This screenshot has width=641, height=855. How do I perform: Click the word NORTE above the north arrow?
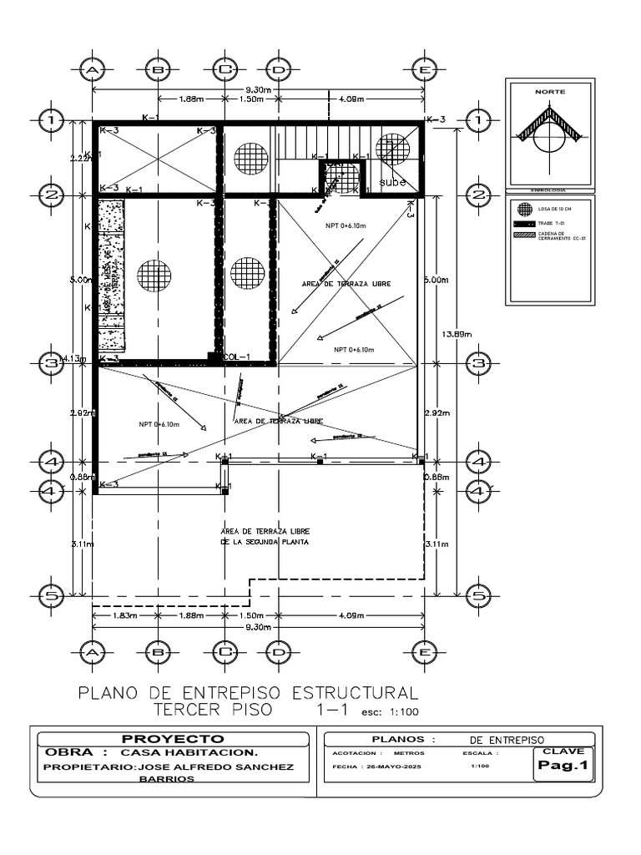click(549, 89)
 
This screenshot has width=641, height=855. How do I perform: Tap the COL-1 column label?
click(237, 357)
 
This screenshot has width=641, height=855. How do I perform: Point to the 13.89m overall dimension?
click(456, 334)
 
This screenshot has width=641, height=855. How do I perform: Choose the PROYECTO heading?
click(173, 739)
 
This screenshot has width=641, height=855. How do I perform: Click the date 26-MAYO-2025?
click(372, 766)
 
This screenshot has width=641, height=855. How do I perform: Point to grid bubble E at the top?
click(423, 70)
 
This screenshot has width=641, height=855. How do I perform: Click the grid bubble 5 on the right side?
click(478, 594)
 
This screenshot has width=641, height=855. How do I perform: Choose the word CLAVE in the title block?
click(564, 751)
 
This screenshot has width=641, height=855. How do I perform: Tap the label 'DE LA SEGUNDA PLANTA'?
click(265, 542)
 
